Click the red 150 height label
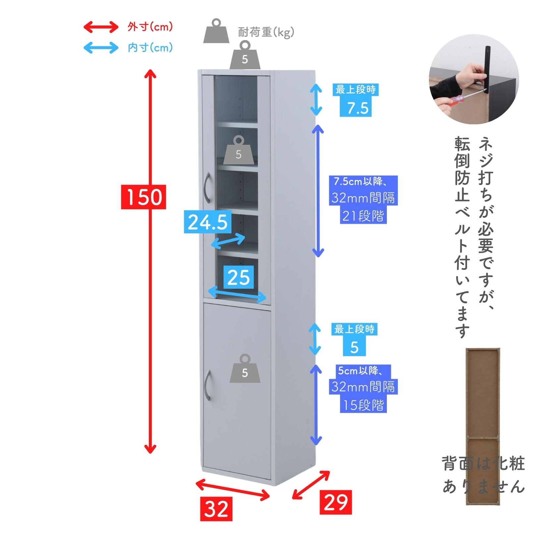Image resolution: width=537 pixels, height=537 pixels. click(144, 197)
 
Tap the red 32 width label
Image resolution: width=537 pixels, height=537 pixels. click(216, 509)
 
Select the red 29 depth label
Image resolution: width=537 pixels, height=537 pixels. click(335, 503)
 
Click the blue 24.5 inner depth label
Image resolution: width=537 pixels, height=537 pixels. click(208, 222)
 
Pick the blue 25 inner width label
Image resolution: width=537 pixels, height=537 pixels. click(239, 277)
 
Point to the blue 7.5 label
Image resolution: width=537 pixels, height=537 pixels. click(356, 108)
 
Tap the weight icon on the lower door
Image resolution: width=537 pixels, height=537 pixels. click(245, 369)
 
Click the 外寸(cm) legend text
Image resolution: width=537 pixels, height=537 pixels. click(150, 27)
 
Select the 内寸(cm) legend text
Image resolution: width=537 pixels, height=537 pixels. click(150, 48)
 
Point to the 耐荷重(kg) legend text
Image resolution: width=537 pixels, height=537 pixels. click(266, 32)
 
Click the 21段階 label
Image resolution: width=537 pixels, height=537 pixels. click(363, 216)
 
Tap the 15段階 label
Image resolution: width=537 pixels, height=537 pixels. click(363, 405)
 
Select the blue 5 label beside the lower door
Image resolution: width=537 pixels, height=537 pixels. click(354, 347)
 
